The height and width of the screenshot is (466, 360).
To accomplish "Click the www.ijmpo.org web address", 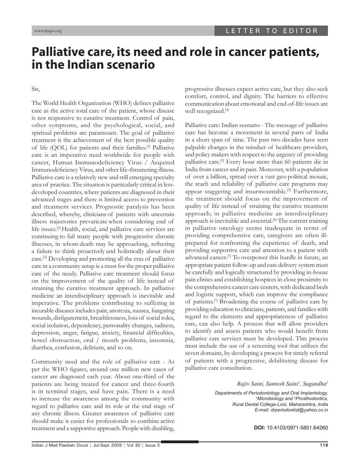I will tap(48, 31).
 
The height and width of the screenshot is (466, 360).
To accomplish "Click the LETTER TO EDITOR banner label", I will tap(272, 31).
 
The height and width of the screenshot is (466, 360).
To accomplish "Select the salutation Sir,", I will tap(36, 89).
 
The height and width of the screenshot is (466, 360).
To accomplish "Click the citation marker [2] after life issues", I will tap(59, 228).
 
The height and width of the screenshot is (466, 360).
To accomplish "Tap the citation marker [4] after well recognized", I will tap(227, 110).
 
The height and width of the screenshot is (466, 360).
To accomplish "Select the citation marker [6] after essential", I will tap(275, 220).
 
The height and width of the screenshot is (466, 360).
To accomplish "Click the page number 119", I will tap(324, 445).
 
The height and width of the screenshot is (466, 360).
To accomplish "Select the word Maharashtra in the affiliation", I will tap(303, 404).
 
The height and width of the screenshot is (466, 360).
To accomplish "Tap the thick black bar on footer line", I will tap(180, 442).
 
